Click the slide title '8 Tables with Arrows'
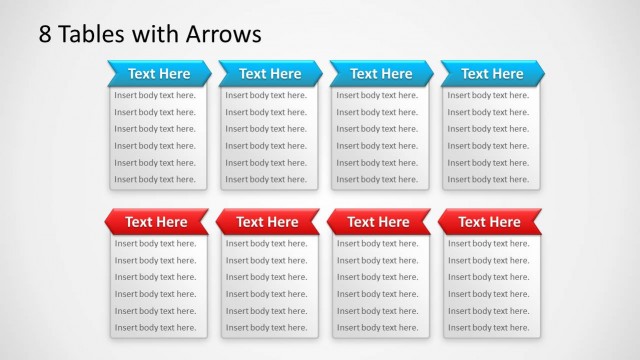click(x=150, y=34)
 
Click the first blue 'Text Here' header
click(x=159, y=73)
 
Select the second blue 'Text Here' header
click(x=270, y=73)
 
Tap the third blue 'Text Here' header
click(x=381, y=73)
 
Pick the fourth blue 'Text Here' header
click(x=492, y=73)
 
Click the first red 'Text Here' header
click(x=156, y=222)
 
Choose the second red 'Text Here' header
click(x=267, y=222)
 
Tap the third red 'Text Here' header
click(x=378, y=222)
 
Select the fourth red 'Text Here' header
click(x=489, y=222)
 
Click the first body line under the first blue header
click(x=155, y=96)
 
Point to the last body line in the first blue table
click(x=155, y=180)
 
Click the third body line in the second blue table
click(x=266, y=129)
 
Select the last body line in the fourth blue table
click(x=488, y=180)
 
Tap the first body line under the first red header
click(x=155, y=244)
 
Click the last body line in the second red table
click(x=266, y=328)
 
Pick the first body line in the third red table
click(x=377, y=244)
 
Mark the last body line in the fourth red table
click(x=488, y=328)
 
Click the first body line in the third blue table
click(x=377, y=96)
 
